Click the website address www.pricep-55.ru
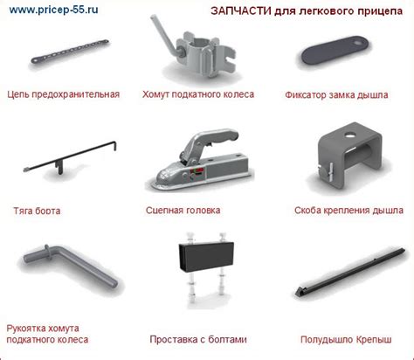(53, 10)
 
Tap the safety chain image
(70, 52)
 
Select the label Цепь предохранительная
(64, 94)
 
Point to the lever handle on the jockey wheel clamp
(164, 34)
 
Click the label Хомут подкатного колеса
(198, 94)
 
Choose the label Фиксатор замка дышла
(336, 94)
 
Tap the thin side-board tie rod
(70, 157)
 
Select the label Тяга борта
(37, 211)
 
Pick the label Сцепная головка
(183, 211)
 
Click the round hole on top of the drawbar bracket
(348, 135)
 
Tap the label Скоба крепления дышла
(348, 211)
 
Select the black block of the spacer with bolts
(206, 256)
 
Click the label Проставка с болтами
(198, 339)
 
